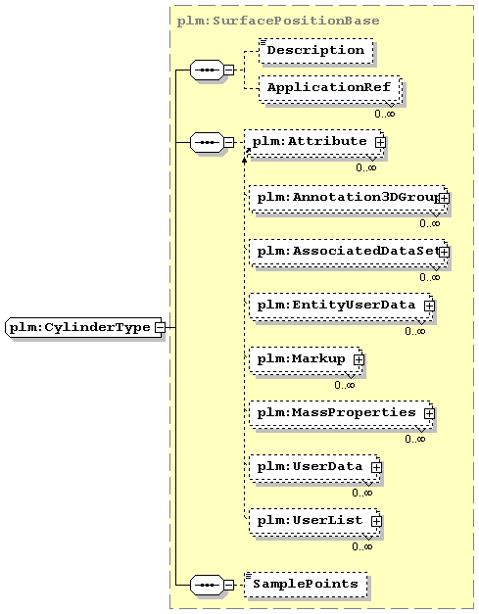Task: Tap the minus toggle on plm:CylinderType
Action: [160, 327]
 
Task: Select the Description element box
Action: [315, 51]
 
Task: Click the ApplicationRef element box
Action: [330, 89]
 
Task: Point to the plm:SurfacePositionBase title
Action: [278, 21]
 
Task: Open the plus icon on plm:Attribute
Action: [380, 143]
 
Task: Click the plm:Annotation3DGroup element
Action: [349, 199]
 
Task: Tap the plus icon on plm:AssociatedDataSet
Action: [444, 253]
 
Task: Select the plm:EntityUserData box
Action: [342, 307]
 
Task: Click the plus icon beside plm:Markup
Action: [359, 360]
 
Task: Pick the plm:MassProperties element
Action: [342, 414]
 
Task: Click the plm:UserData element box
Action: [314, 468]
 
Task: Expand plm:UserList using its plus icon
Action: [376, 522]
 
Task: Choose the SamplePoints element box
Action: [306, 585]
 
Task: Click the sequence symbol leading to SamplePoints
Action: [207, 585]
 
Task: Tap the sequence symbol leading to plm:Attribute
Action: [207, 143]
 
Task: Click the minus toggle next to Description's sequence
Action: [229, 71]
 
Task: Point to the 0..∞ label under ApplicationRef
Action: [385, 114]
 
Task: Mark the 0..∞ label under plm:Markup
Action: [345, 385]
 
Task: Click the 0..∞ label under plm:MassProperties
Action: [415, 439]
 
